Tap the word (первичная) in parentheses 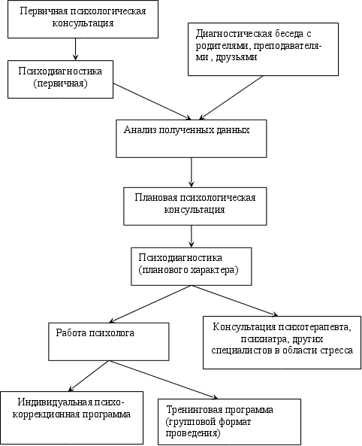(x=60, y=83)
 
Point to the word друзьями (x=237, y=57)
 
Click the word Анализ (x=140, y=130)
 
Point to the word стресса (x=336, y=350)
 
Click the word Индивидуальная (x=55, y=402)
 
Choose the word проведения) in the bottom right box (x=193, y=433)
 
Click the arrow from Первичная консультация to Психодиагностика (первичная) (x=75, y=49)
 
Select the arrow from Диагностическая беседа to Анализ (x=231, y=98)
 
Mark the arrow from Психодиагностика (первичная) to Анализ (x=152, y=102)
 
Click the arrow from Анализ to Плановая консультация (x=192, y=172)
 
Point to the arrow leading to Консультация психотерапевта (x=234, y=301)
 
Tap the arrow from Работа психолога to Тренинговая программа (x=164, y=380)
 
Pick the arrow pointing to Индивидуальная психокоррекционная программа (x=89, y=376)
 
